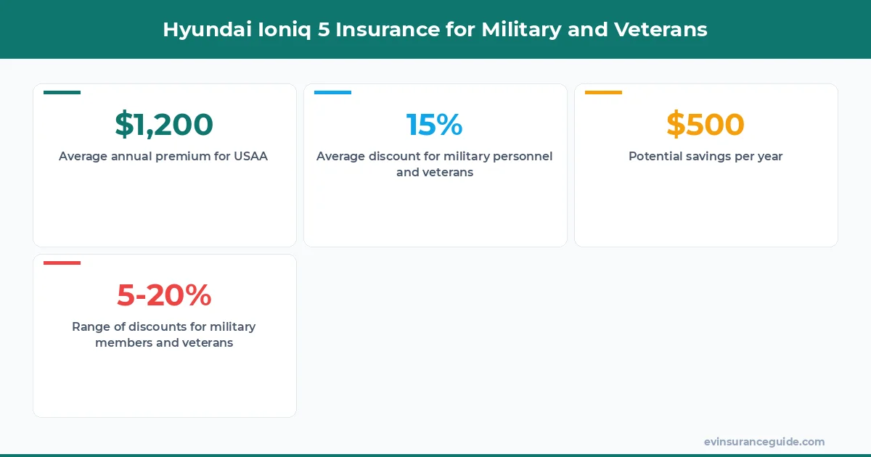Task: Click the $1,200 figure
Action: tap(164, 125)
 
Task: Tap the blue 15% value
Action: tap(434, 125)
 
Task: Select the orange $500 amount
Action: tap(706, 125)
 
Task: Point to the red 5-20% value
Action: tap(164, 295)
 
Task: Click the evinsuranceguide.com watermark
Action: tap(764, 442)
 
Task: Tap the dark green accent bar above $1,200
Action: tap(62, 92)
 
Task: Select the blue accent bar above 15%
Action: tap(332, 92)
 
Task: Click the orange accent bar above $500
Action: tap(603, 92)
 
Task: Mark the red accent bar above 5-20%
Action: tap(62, 263)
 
